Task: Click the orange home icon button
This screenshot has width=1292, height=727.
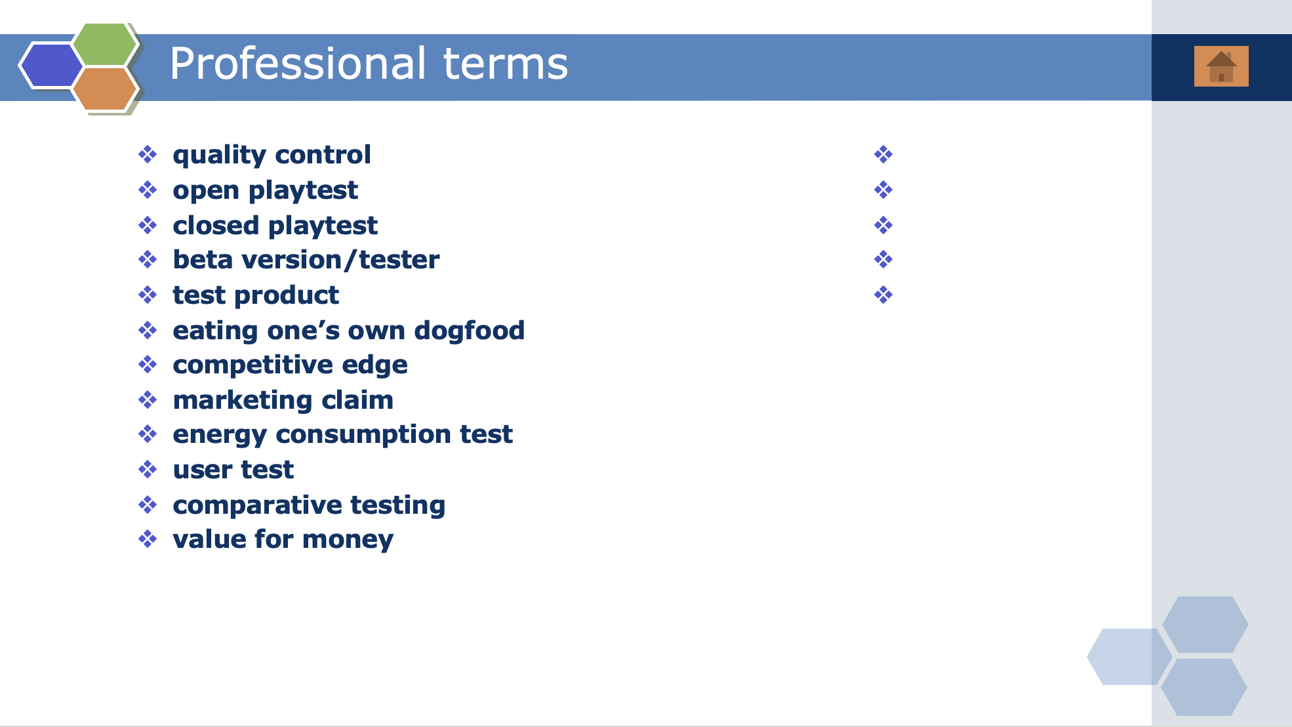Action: click(1221, 66)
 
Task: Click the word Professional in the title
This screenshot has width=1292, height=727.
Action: click(298, 64)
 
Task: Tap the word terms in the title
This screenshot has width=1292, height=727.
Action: click(506, 64)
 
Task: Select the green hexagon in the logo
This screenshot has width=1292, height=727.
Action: click(105, 44)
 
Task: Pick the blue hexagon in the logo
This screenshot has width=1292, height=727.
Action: click(51, 65)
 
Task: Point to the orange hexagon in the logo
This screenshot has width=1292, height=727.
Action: click(105, 89)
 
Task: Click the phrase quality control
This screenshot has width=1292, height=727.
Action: click(272, 156)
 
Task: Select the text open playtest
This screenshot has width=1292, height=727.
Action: click(265, 191)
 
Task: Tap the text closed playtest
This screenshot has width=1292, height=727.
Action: click(275, 226)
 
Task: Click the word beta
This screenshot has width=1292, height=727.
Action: click(203, 260)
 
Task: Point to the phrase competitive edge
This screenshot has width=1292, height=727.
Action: click(290, 365)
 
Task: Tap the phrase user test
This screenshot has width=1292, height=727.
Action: click(233, 470)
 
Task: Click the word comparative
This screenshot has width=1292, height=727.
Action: click(257, 505)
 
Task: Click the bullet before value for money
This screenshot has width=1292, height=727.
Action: click(148, 539)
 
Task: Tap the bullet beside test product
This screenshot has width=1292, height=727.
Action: click(148, 295)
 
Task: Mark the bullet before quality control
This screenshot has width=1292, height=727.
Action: click(148, 155)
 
